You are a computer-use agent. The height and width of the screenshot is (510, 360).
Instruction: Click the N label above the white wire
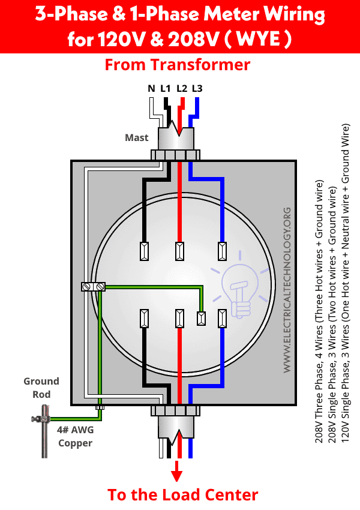tap(151, 88)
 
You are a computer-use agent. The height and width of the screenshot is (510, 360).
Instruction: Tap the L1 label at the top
tap(165, 88)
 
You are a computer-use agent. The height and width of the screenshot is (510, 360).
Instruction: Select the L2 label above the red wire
tap(182, 88)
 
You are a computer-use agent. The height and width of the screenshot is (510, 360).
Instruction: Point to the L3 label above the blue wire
tap(197, 88)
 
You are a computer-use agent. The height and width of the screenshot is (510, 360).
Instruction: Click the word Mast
tap(137, 137)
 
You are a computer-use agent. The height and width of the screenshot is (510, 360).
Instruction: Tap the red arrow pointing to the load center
tap(176, 471)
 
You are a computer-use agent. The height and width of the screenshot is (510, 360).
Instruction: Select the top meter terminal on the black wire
tap(144, 251)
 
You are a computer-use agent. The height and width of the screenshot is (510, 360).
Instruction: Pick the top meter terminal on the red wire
tap(179, 251)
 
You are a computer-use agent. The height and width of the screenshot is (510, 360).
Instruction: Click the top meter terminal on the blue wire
tap(222, 251)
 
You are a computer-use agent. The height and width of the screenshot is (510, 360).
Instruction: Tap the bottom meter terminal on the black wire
tap(144, 319)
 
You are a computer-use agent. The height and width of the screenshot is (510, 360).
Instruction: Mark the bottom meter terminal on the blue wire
tap(222, 319)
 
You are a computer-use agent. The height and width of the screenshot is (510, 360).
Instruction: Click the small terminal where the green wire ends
tap(202, 319)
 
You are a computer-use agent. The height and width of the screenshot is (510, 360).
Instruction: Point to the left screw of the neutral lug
tap(86, 287)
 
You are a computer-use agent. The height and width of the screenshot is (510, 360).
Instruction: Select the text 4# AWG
tap(75, 430)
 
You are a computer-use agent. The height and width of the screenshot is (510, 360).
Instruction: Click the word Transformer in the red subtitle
tap(200, 64)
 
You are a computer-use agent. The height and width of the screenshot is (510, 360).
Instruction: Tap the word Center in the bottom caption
tap(230, 495)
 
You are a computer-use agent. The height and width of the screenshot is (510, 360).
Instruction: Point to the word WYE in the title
tap(258, 39)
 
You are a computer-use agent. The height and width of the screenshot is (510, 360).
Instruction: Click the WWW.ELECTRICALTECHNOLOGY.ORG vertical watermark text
tap(287, 290)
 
